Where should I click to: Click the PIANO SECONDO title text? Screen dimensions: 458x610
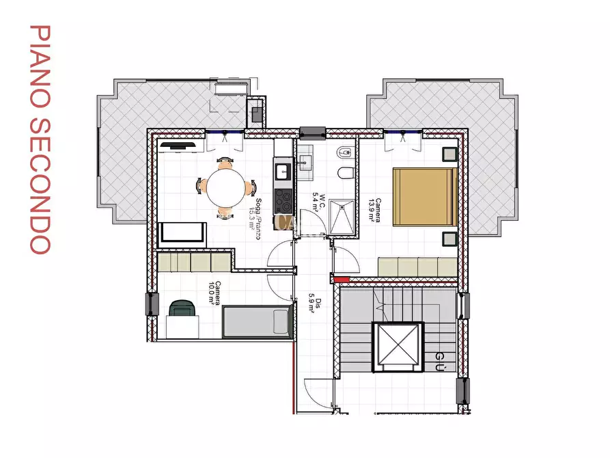coord(40,140)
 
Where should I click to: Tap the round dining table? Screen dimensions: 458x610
coord(225,187)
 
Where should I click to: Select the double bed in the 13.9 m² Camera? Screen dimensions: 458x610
coord(424,196)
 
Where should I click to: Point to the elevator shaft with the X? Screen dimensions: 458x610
coord(395,346)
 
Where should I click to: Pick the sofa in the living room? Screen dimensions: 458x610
coord(182,234)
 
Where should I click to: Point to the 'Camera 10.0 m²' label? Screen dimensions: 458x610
coord(215,294)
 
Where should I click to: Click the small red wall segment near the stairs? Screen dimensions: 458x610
coord(340,278)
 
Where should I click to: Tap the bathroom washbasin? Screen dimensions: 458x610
coord(305,163)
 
